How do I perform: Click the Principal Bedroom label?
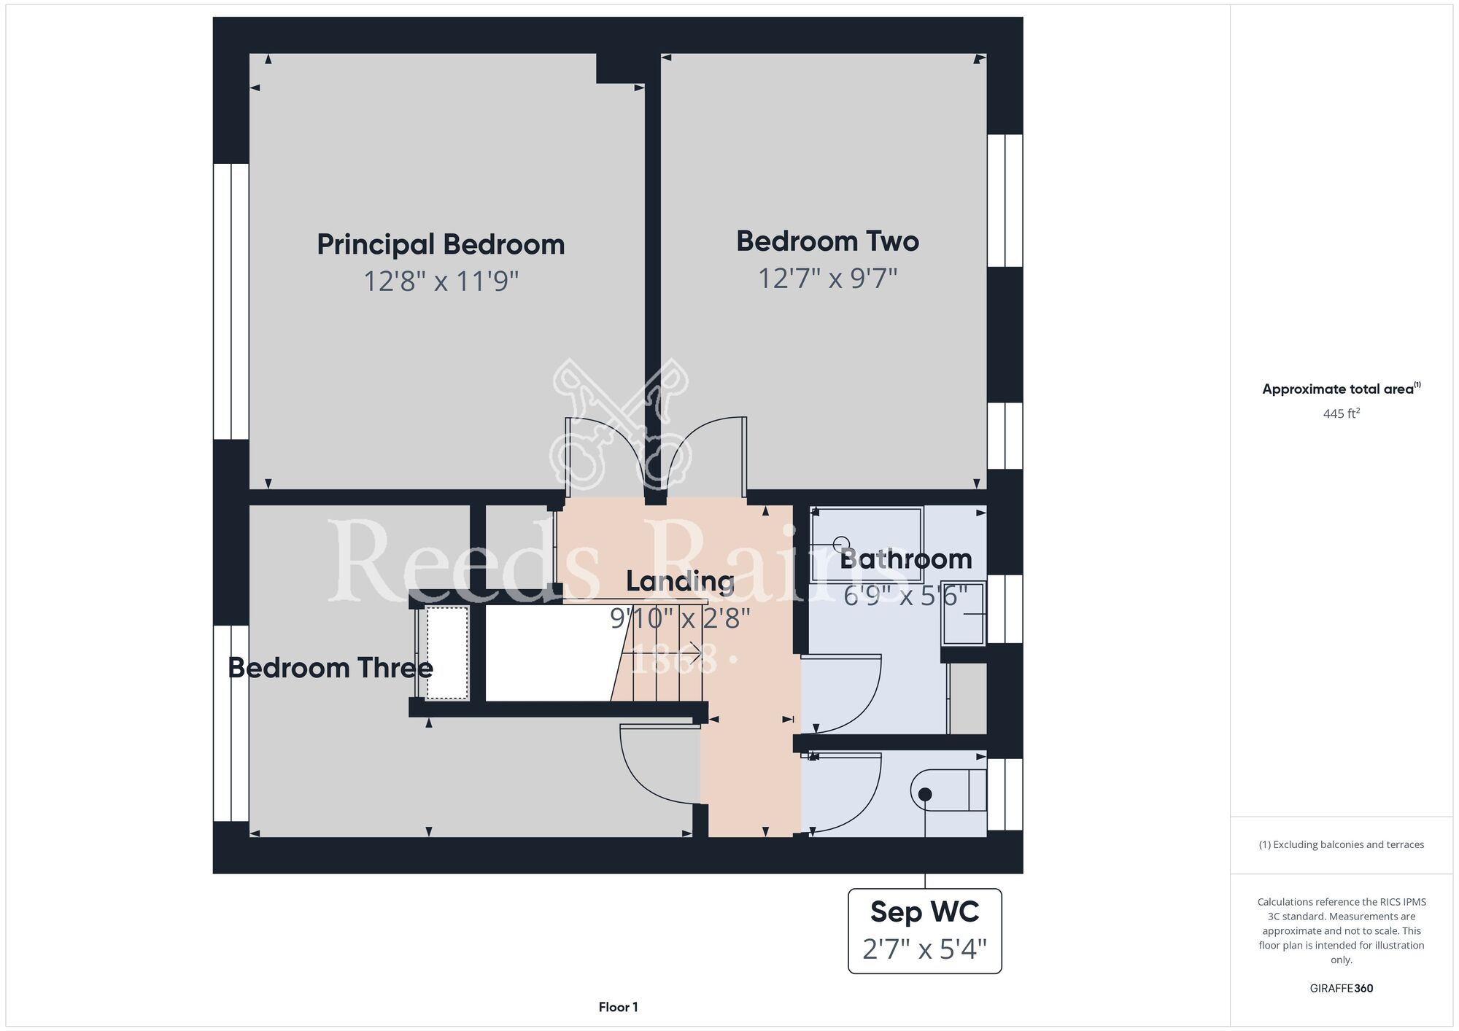point(441,244)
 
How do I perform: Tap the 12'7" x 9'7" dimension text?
point(827,278)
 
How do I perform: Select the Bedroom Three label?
point(330,667)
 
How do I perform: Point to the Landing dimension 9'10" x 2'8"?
point(680,618)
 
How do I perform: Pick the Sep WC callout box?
point(925,931)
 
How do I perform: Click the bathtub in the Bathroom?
point(867,544)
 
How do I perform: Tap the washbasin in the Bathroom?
point(964,613)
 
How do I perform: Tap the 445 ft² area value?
point(1342,413)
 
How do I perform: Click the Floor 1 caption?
point(618,1007)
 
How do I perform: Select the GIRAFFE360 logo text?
point(1342,989)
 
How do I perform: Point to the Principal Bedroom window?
point(231,301)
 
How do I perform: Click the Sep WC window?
point(1005,794)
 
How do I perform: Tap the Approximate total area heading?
point(1342,389)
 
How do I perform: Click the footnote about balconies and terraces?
point(1342,844)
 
